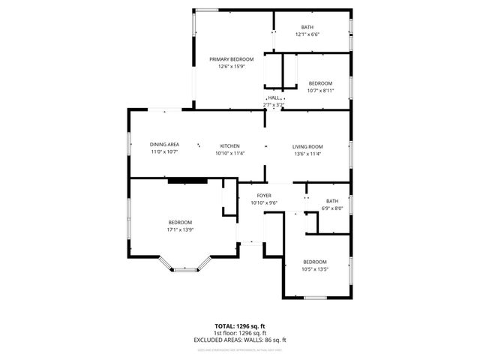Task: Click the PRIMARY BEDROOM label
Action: click(x=231, y=59)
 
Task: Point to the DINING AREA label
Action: click(x=163, y=145)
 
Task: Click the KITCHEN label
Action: click(x=229, y=145)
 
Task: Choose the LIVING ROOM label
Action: click(x=307, y=146)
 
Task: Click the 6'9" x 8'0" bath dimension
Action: click(x=331, y=208)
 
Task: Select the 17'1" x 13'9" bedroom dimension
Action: click(x=180, y=230)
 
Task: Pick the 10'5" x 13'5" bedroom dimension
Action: click(x=315, y=269)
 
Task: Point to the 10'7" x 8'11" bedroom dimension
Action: click(x=320, y=91)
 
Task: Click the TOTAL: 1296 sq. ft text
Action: click(x=240, y=326)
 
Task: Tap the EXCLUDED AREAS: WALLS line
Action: click(x=240, y=340)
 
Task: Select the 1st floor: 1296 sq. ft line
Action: click(x=240, y=333)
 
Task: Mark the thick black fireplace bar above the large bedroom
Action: click(x=187, y=180)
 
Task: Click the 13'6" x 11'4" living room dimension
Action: click(x=307, y=154)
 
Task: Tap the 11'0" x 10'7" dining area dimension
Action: click(x=163, y=152)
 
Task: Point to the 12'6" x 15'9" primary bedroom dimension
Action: click(x=231, y=67)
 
